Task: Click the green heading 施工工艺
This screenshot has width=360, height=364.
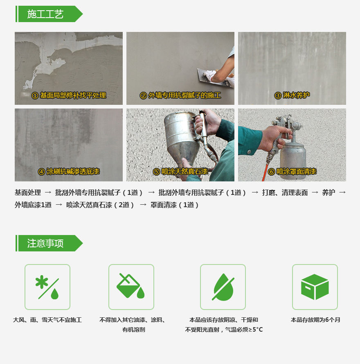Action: pos(45,14)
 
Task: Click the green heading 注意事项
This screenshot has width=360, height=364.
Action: pos(45,243)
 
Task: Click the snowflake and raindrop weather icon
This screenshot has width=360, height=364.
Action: pos(47,287)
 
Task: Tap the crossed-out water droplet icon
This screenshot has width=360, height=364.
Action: pos(223,287)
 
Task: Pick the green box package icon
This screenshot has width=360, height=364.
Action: pos(315,287)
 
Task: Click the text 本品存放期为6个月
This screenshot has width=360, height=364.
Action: pos(315,320)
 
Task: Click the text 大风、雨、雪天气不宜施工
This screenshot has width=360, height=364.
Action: pos(47,320)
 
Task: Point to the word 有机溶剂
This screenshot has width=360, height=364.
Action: pos(134,330)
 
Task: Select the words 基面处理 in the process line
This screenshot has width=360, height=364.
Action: pos(28,192)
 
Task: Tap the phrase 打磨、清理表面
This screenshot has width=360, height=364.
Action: pos(285,192)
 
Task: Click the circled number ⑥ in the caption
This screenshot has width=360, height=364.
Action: pos(271,172)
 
